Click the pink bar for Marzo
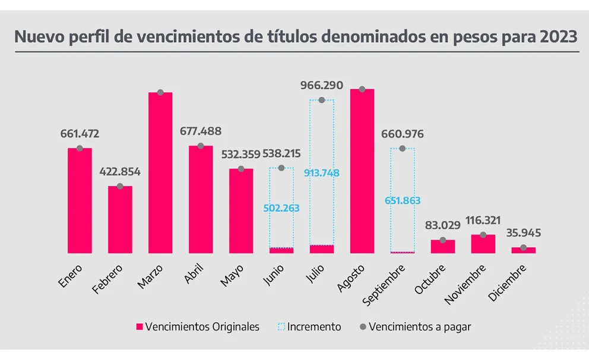(x=160, y=173)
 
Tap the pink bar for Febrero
(x=120, y=220)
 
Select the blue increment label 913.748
(x=322, y=173)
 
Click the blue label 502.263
(x=281, y=208)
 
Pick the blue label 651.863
(x=403, y=201)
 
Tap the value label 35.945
(x=523, y=233)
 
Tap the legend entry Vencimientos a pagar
(x=420, y=327)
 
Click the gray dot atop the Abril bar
(x=201, y=146)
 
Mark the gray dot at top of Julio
(x=322, y=100)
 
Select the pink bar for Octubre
(x=443, y=247)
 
